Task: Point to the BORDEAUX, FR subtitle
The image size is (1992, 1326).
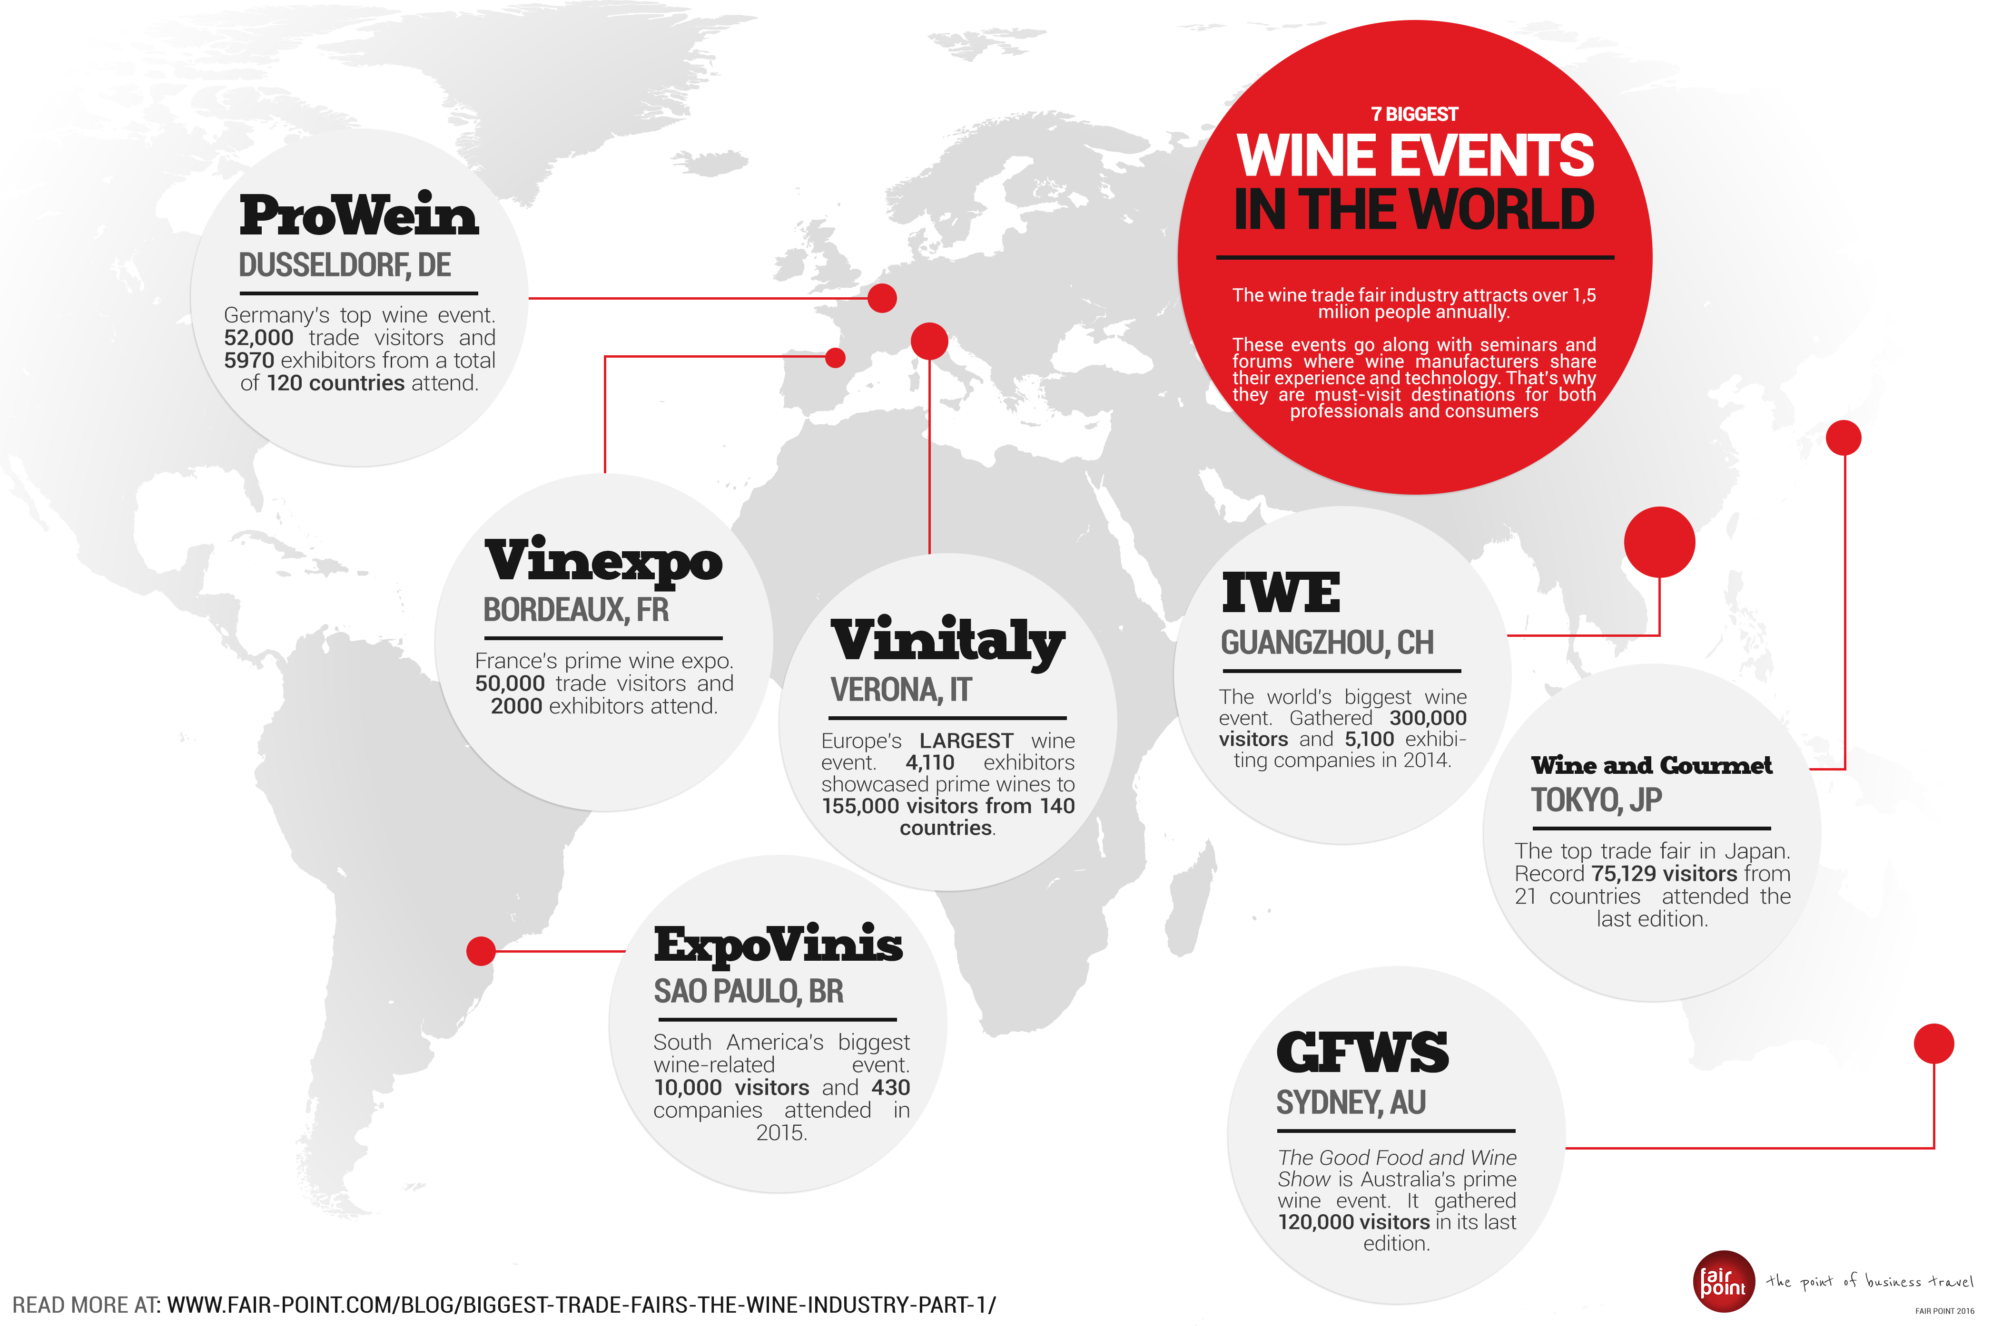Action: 575,610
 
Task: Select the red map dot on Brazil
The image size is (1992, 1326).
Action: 481,951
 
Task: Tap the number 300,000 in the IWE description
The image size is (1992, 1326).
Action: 1427,718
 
